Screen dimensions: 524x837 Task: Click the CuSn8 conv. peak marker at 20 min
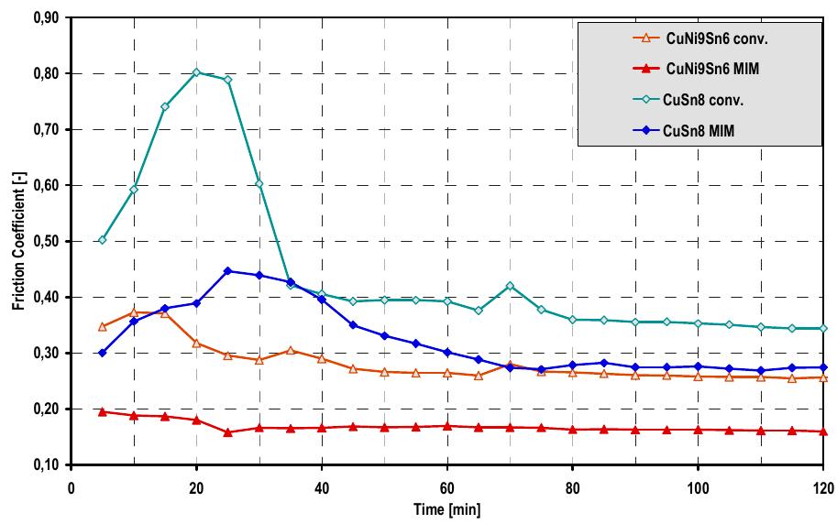coord(196,72)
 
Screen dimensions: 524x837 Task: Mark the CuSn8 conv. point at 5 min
coord(103,240)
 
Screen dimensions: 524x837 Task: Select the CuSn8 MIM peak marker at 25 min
coord(228,271)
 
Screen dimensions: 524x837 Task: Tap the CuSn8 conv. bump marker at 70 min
coord(510,286)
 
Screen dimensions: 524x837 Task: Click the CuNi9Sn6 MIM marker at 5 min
coord(103,411)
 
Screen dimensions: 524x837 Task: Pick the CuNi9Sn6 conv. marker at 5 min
coord(103,326)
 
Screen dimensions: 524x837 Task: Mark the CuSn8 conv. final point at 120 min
coord(823,328)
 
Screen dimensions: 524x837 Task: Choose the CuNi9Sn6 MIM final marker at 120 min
coord(823,431)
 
